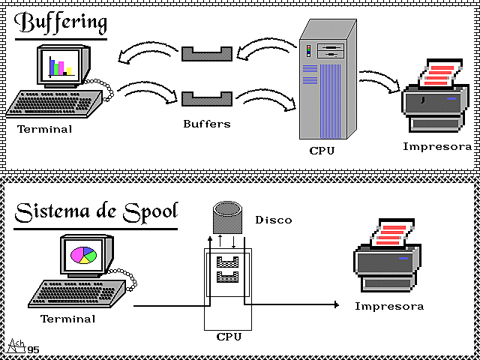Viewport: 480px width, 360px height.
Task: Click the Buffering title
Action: tap(61, 22)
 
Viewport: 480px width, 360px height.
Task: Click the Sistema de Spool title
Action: tap(96, 211)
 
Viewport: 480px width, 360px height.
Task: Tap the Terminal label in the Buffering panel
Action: tap(45, 129)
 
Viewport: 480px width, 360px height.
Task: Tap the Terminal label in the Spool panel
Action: tap(68, 319)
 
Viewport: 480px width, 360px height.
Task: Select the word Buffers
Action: tap(207, 123)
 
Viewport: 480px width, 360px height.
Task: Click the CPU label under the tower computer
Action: tap(322, 151)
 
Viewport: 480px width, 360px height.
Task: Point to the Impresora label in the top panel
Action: tap(437, 146)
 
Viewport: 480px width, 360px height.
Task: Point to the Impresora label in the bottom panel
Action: tap(389, 306)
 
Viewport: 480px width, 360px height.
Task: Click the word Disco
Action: tap(274, 220)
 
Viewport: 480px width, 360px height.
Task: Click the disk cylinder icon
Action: tap(224, 216)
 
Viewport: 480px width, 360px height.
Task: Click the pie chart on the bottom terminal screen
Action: tap(83, 255)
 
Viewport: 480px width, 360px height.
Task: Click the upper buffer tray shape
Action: tap(207, 52)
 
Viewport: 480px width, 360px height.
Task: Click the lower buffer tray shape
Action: tap(207, 98)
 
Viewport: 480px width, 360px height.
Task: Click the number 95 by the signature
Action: tap(34, 349)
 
